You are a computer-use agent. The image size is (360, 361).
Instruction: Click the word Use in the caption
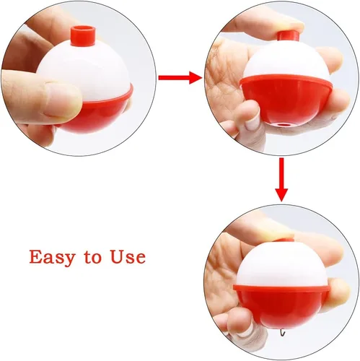[x=128, y=257]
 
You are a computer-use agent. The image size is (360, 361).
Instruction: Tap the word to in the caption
[x=93, y=257]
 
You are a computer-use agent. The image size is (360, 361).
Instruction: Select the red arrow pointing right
[x=180, y=77]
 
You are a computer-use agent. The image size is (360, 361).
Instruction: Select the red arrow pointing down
[x=281, y=180]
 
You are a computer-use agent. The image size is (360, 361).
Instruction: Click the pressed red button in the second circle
[x=288, y=36]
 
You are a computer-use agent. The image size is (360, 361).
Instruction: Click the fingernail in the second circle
[x=251, y=123]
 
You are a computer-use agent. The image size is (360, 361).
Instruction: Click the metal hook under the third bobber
[x=282, y=333]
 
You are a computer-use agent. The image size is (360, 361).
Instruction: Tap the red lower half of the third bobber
[x=281, y=305]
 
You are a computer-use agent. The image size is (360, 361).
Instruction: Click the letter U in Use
[x=117, y=257]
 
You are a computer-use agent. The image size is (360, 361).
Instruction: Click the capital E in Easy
[x=35, y=256]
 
